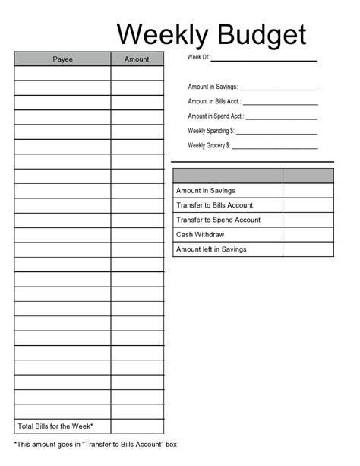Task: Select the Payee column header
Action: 62,59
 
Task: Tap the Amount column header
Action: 137,59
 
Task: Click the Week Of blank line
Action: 264,59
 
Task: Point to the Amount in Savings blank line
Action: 278,88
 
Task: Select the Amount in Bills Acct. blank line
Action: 279,103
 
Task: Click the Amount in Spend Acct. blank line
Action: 281,117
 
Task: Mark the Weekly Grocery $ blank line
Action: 274,146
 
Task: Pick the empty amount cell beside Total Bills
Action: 137,426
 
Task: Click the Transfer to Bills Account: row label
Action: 216,205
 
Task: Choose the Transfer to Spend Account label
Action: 218,220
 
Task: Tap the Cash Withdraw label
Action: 201,234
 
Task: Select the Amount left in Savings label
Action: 211,249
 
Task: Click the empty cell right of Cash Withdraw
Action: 308,234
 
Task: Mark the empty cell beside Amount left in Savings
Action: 308,249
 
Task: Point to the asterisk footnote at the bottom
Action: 96,444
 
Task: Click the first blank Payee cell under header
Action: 62,74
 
